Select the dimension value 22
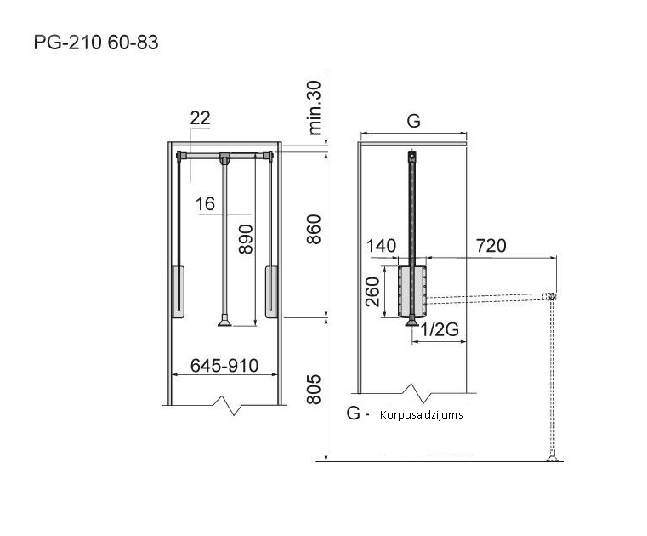tap(200, 119)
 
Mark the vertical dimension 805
tap(314, 390)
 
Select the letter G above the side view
tap(413, 121)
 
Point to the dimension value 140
tap(382, 247)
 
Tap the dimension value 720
tap(491, 247)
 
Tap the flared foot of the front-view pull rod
tap(224, 320)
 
